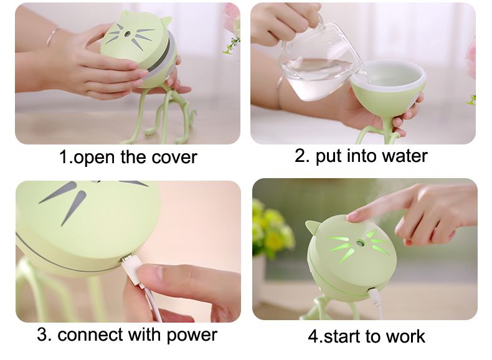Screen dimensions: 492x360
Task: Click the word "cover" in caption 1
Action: click(x=174, y=157)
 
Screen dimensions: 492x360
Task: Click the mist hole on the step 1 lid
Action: click(x=128, y=33)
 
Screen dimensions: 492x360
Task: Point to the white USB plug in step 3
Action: click(x=133, y=270)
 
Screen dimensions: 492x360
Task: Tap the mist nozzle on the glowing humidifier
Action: click(x=357, y=242)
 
